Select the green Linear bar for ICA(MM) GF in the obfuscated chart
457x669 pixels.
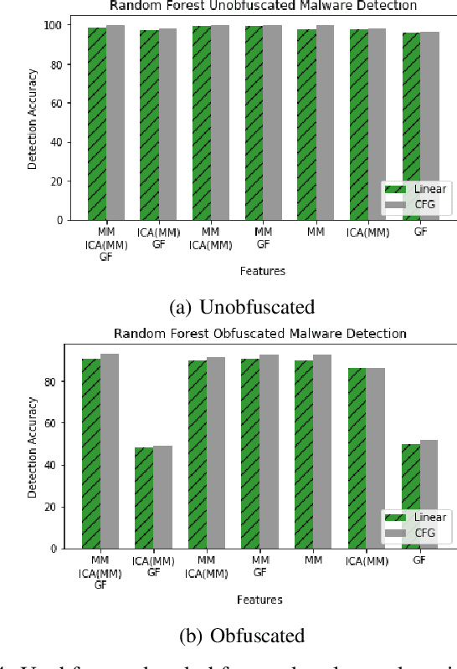(x=144, y=498)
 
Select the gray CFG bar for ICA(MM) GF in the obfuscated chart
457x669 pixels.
(x=162, y=497)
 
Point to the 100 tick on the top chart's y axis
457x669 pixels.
(x=53, y=25)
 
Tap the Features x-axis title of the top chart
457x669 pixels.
(x=261, y=271)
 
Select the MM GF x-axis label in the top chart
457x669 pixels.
(x=263, y=237)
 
